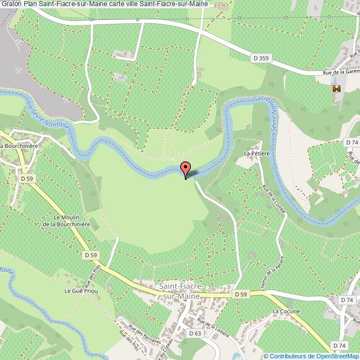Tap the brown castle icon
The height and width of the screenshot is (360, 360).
[x=336, y=89]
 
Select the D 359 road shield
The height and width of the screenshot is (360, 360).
[x=261, y=57]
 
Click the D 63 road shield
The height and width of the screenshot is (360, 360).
[x=194, y=333]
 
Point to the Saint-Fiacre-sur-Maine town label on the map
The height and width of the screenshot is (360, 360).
[x=182, y=291]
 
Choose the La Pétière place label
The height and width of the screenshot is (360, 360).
[x=256, y=153]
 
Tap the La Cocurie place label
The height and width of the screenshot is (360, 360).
[x=286, y=311]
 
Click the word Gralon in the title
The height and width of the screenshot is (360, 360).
[x=11, y=4]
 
